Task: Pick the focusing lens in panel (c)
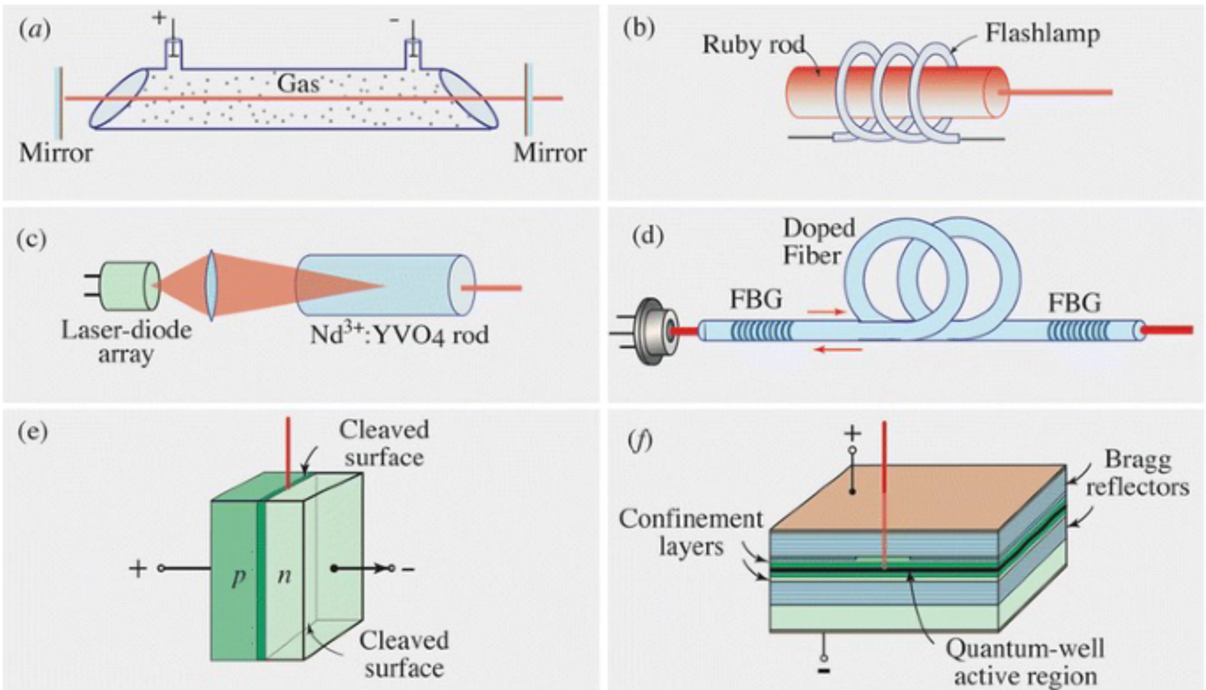212,286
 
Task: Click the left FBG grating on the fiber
761,331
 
